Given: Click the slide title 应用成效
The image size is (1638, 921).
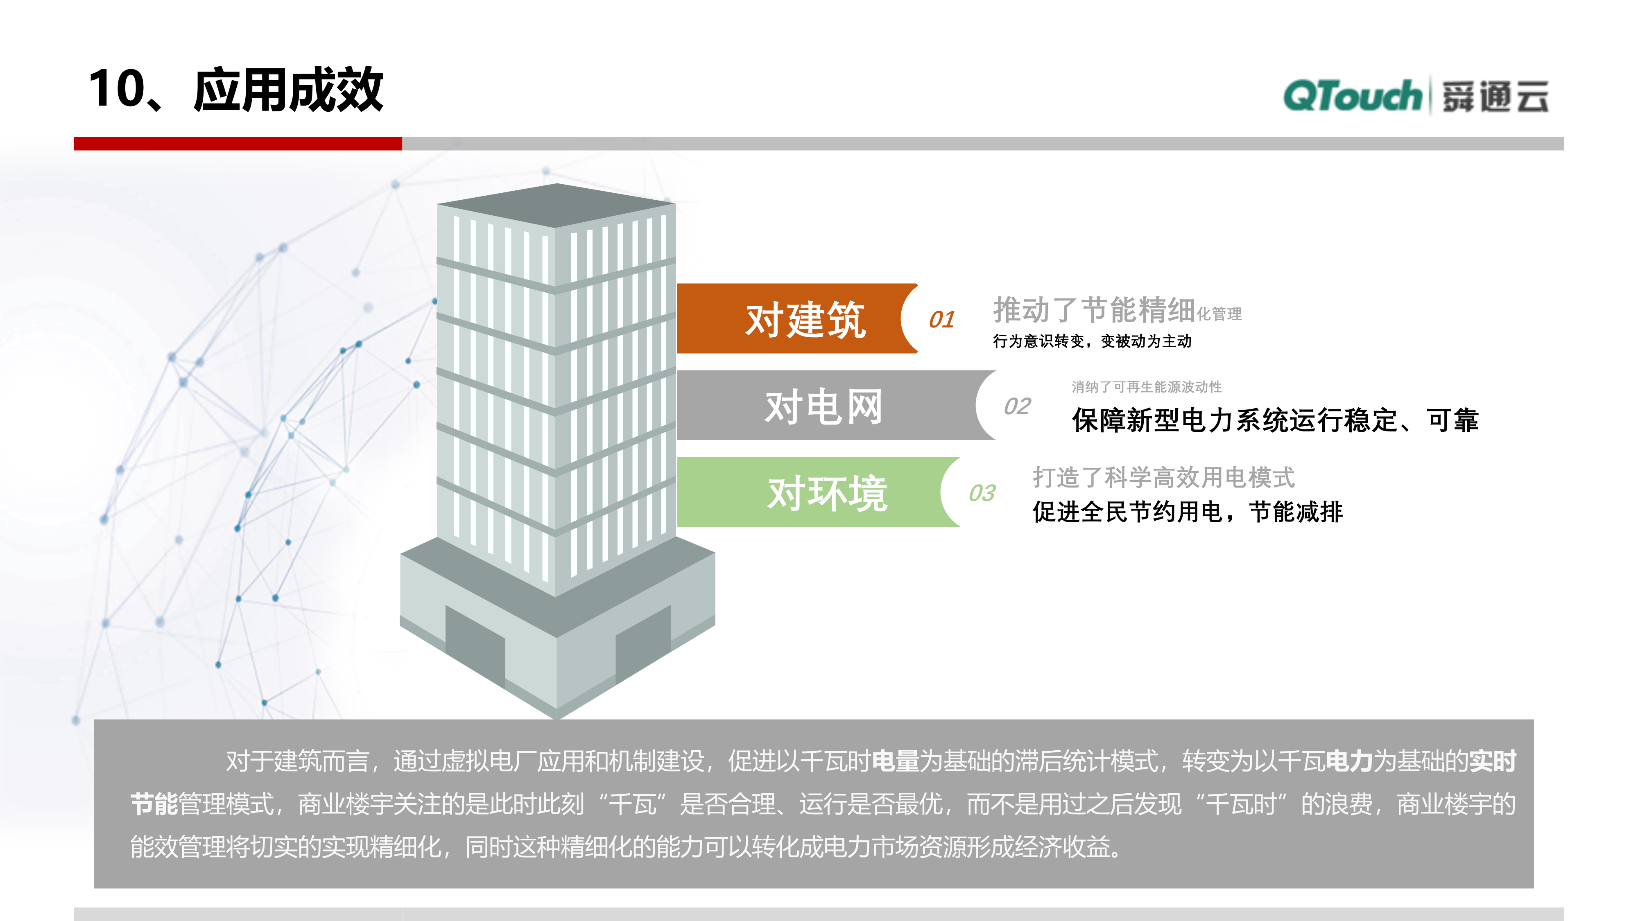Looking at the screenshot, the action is (x=288, y=90).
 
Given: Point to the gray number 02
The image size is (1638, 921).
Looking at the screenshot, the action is (x=1017, y=406).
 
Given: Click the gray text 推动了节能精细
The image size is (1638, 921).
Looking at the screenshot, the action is (x=1094, y=310).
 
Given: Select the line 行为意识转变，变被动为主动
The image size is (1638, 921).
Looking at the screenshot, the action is (x=1092, y=341).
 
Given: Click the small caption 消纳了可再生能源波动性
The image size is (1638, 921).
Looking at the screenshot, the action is (x=1147, y=386).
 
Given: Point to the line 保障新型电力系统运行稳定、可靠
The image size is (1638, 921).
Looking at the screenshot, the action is (x=1275, y=420).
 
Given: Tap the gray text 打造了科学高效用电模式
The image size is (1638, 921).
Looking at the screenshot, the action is (x=1164, y=477).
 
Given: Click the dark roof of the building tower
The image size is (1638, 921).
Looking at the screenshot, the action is (x=557, y=205).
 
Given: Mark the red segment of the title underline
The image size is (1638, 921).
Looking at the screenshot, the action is (x=238, y=144).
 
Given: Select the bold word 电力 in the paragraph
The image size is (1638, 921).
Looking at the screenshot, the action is (x=1349, y=761).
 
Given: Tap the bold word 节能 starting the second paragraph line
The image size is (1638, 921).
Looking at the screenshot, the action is (x=154, y=804).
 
